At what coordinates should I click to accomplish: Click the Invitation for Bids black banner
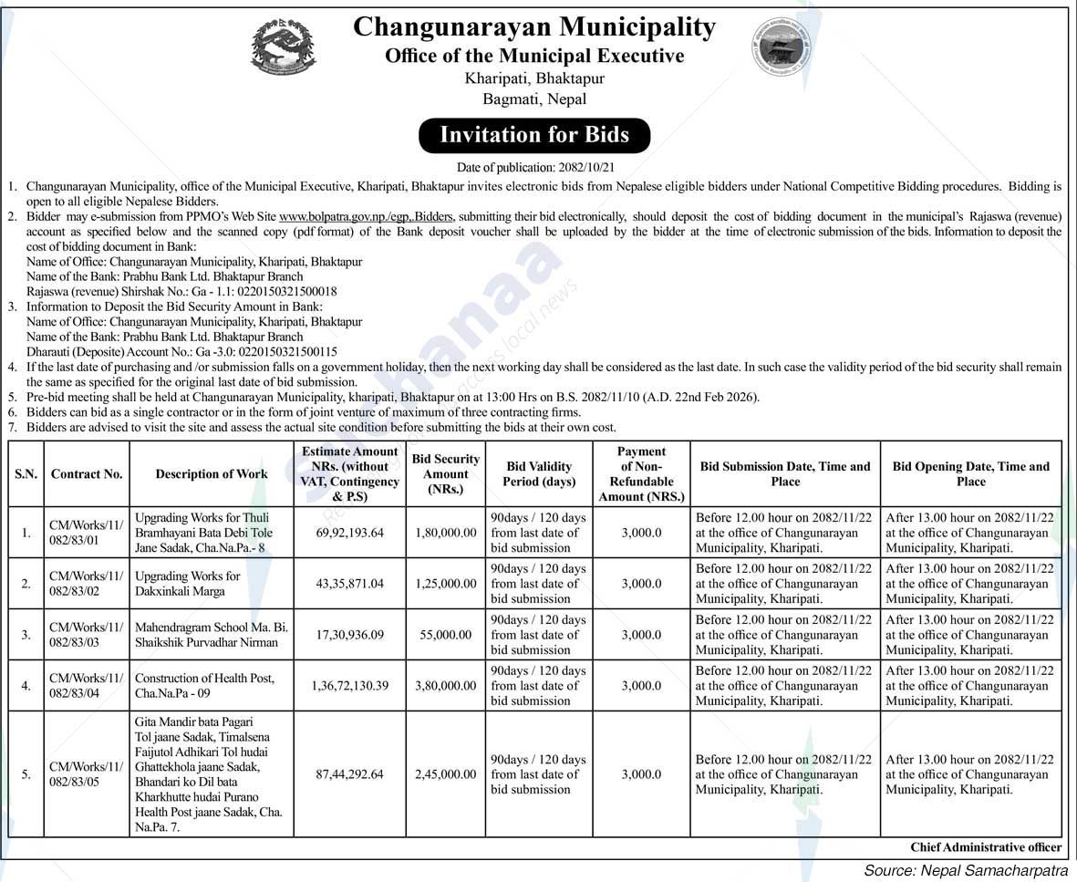coord(534,135)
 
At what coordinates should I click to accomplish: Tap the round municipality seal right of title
coord(782,46)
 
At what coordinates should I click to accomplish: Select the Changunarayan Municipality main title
coord(534,26)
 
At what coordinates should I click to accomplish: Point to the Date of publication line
coord(534,167)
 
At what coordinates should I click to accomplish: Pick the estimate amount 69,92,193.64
coord(349,532)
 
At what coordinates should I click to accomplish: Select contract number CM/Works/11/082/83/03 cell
coord(86,634)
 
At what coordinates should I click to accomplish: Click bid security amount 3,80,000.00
coord(445,685)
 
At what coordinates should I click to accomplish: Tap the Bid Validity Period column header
coord(538,473)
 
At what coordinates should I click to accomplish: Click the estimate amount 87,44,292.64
coord(349,773)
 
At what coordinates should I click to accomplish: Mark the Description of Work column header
coord(212,473)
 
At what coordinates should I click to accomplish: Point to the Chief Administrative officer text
coord(986,847)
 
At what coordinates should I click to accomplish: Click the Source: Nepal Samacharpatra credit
coord(967,870)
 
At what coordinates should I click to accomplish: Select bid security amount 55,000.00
coord(445,634)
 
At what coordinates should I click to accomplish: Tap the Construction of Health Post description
coord(204,685)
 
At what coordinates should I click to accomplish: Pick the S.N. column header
coord(26,473)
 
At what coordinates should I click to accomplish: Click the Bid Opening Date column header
coord(970,473)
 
